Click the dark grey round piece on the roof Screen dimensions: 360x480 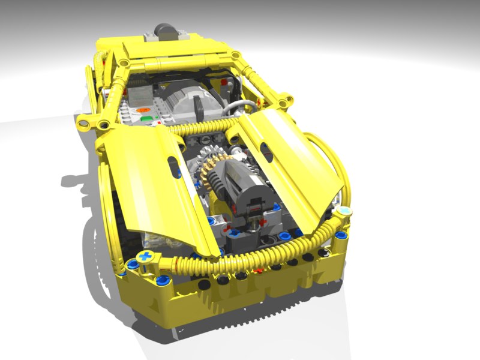[x=165, y=29]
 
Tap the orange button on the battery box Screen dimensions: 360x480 [x=142, y=110]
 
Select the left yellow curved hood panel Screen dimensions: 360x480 [x=150, y=180]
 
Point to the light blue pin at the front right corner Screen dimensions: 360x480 [x=346, y=212]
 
